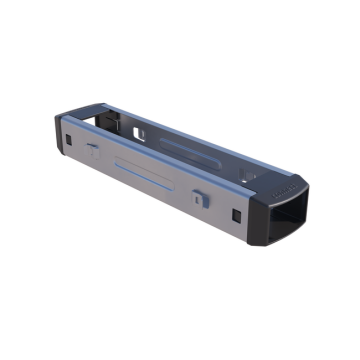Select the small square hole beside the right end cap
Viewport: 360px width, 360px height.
pos(236,214)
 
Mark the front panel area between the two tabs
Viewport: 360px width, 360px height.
pos(150,185)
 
